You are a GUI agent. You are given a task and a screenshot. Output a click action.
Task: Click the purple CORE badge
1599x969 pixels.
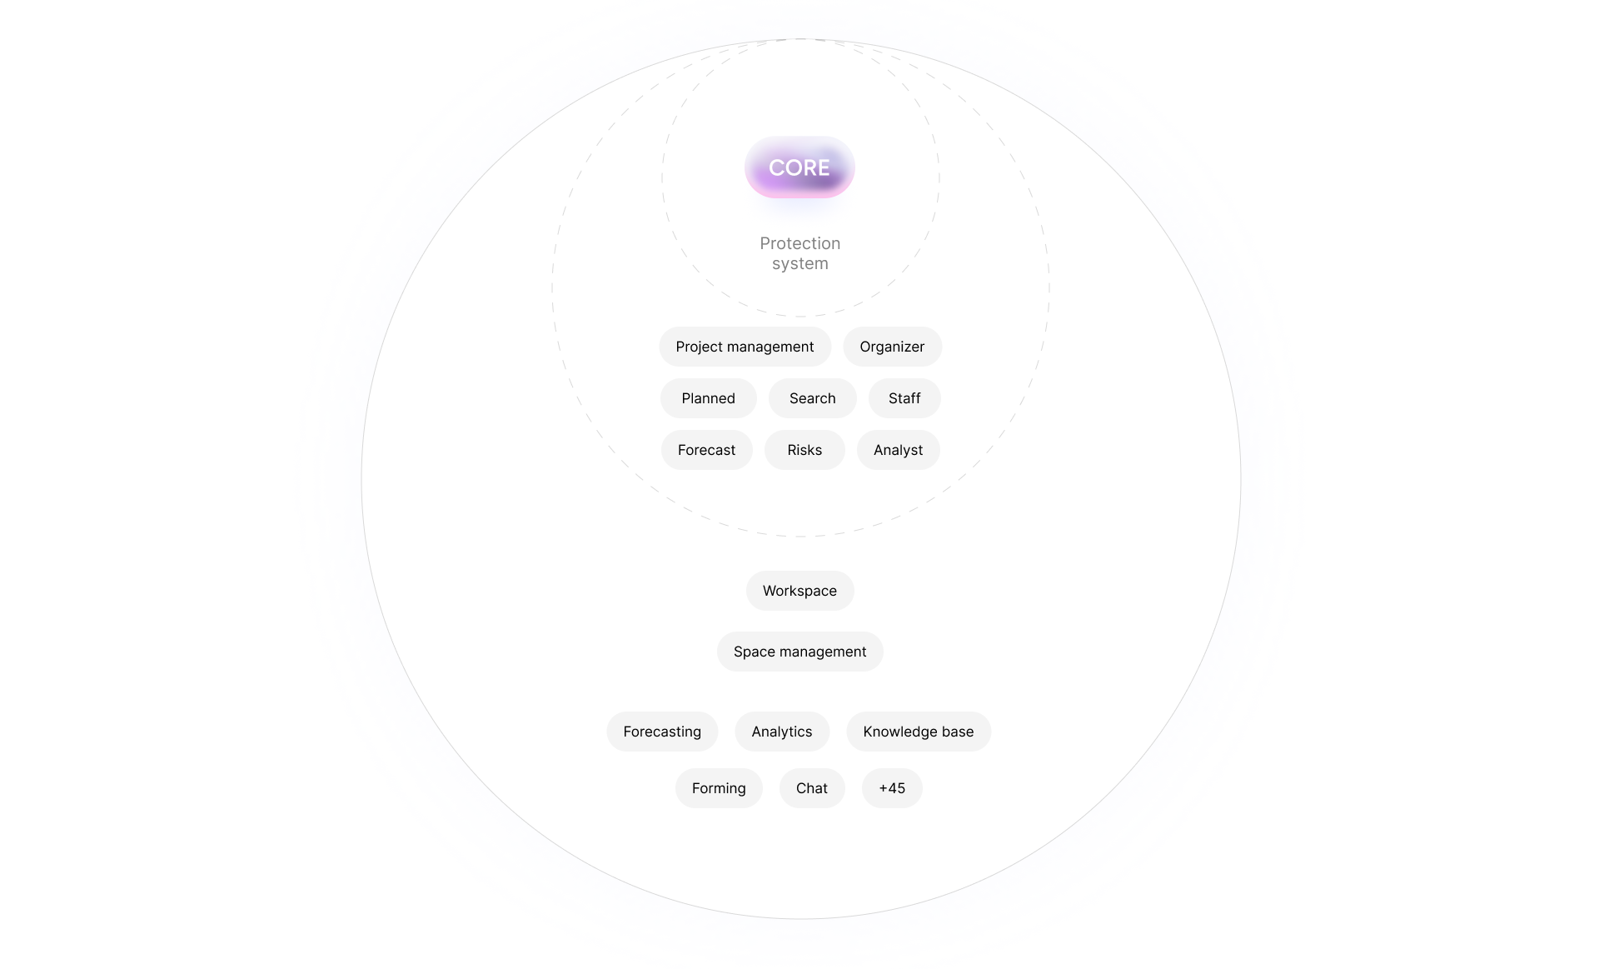(x=799, y=167)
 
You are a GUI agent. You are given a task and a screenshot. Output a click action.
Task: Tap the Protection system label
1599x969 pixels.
(x=799, y=253)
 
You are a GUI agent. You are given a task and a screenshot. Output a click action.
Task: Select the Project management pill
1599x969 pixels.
(x=745, y=347)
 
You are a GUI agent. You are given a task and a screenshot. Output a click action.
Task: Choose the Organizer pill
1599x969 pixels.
(x=892, y=347)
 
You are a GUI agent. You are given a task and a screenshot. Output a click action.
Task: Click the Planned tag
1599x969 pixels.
(x=708, y=398)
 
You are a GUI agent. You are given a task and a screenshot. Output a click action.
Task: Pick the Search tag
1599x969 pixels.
(x=812, y=398)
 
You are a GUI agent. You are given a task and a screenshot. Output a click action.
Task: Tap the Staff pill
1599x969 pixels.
(x=904, y=398)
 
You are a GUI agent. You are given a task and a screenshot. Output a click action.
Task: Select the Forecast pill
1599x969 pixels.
(x=706, y=450)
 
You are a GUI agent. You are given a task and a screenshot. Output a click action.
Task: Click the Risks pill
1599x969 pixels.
(x=804, y=450)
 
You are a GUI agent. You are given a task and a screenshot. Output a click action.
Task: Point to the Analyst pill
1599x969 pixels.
(x=898, y=450)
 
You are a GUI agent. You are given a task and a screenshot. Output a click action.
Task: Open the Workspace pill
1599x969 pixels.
(x=799, y=591)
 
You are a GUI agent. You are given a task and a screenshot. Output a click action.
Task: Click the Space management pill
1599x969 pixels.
(x=799, y=652)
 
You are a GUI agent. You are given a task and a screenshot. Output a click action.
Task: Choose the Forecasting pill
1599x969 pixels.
(x=662, y=732)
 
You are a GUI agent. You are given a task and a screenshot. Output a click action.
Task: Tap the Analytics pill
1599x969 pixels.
(x=781, y=732)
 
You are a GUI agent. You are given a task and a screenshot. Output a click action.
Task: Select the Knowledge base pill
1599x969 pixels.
(x=918, y=732)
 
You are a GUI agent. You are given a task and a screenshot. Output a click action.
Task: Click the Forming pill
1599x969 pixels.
(x=719, y=788)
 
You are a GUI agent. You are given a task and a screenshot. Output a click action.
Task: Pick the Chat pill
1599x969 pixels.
(x=812, y=788)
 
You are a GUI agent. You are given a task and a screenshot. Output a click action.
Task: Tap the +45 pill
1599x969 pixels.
(x=892, y=788)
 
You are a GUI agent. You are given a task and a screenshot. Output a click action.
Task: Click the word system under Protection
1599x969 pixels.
(x=799, y=264)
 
